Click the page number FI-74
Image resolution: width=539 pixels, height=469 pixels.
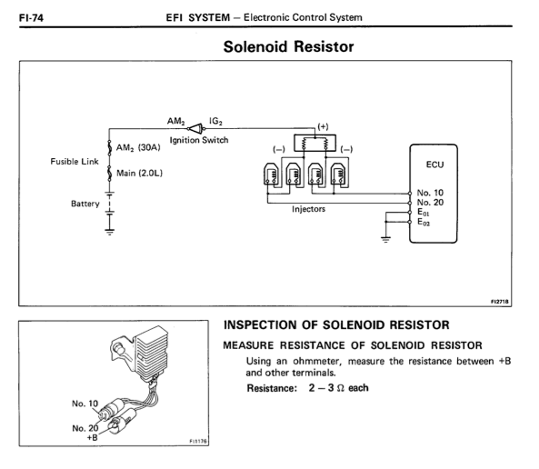[31, 17]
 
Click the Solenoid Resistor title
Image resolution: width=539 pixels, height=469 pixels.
[288, 46]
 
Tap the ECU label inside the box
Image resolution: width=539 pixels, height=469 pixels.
[434, 165]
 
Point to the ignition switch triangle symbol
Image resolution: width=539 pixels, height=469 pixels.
[196, 129]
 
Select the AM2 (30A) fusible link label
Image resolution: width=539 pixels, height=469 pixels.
[138, 147]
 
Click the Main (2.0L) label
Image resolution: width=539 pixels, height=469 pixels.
[139, 173]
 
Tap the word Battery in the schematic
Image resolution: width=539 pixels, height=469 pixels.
[85, 204]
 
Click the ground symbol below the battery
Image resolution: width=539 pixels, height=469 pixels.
[110, 232]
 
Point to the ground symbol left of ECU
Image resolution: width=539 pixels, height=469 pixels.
[385, 240]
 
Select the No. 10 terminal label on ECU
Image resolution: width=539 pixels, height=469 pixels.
[430, 193]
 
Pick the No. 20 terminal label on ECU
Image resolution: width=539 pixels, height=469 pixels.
[430, 202]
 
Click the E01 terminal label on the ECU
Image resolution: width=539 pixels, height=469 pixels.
[424, 212]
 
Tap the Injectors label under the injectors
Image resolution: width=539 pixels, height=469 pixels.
[308, 209]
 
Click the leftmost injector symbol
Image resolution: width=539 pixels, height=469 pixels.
[271, 175]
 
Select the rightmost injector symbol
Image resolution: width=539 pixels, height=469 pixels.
[338, 175]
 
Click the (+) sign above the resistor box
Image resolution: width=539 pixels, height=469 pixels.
[323, 126]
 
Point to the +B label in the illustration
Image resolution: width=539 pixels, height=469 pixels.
[92, 437]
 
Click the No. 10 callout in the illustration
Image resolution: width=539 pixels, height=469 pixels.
[85, 404]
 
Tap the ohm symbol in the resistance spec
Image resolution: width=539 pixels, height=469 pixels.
[340, 388]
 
